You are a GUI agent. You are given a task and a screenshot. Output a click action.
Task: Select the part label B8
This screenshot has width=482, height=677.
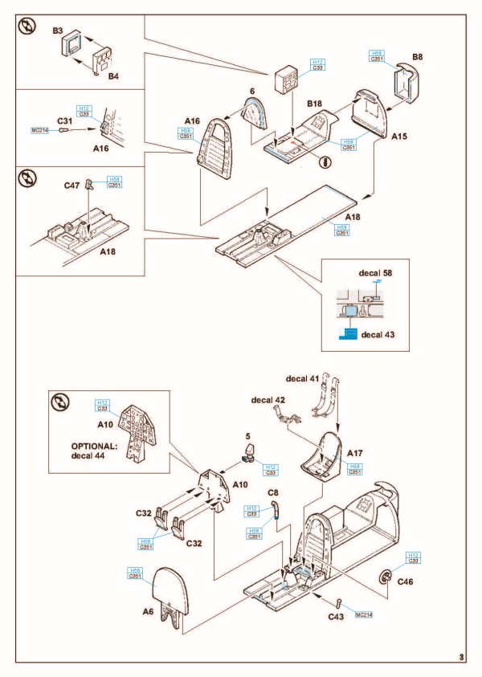(x=418, y=57)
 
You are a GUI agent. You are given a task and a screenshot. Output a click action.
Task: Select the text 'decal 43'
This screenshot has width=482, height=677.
(x=386, y=334)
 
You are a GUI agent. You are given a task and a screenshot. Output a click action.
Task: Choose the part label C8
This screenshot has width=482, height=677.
(x=273, y=491)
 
